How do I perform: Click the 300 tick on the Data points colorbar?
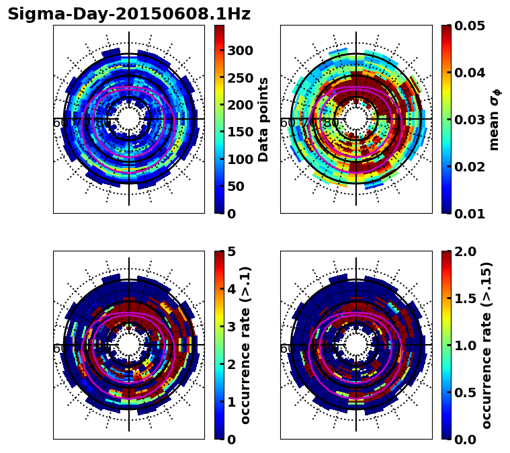click(x=240, y=50)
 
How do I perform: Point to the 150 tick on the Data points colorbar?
click(x=240, y=132)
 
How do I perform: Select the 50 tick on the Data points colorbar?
click(x=237, y=186)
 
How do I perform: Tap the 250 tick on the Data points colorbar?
click(x=240, y=77)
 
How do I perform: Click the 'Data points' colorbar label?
click(x=263, y=119)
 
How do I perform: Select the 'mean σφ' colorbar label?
click(x=495, y=120)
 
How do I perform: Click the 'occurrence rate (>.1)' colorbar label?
click(x=246, y=345)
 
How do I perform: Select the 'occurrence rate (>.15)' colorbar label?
click(x=486, y=345)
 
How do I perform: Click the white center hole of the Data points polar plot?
click(x=129, y=119)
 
